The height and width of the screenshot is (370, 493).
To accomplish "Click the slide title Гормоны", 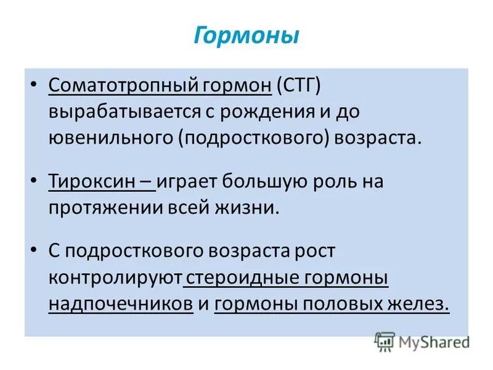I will pyautogui.click(x=246, y=35).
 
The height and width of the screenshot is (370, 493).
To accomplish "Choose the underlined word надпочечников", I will pyautogui.click(x=121, y=304).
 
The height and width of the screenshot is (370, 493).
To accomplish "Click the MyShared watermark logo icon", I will pyautogui.click(x=385, y=341).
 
